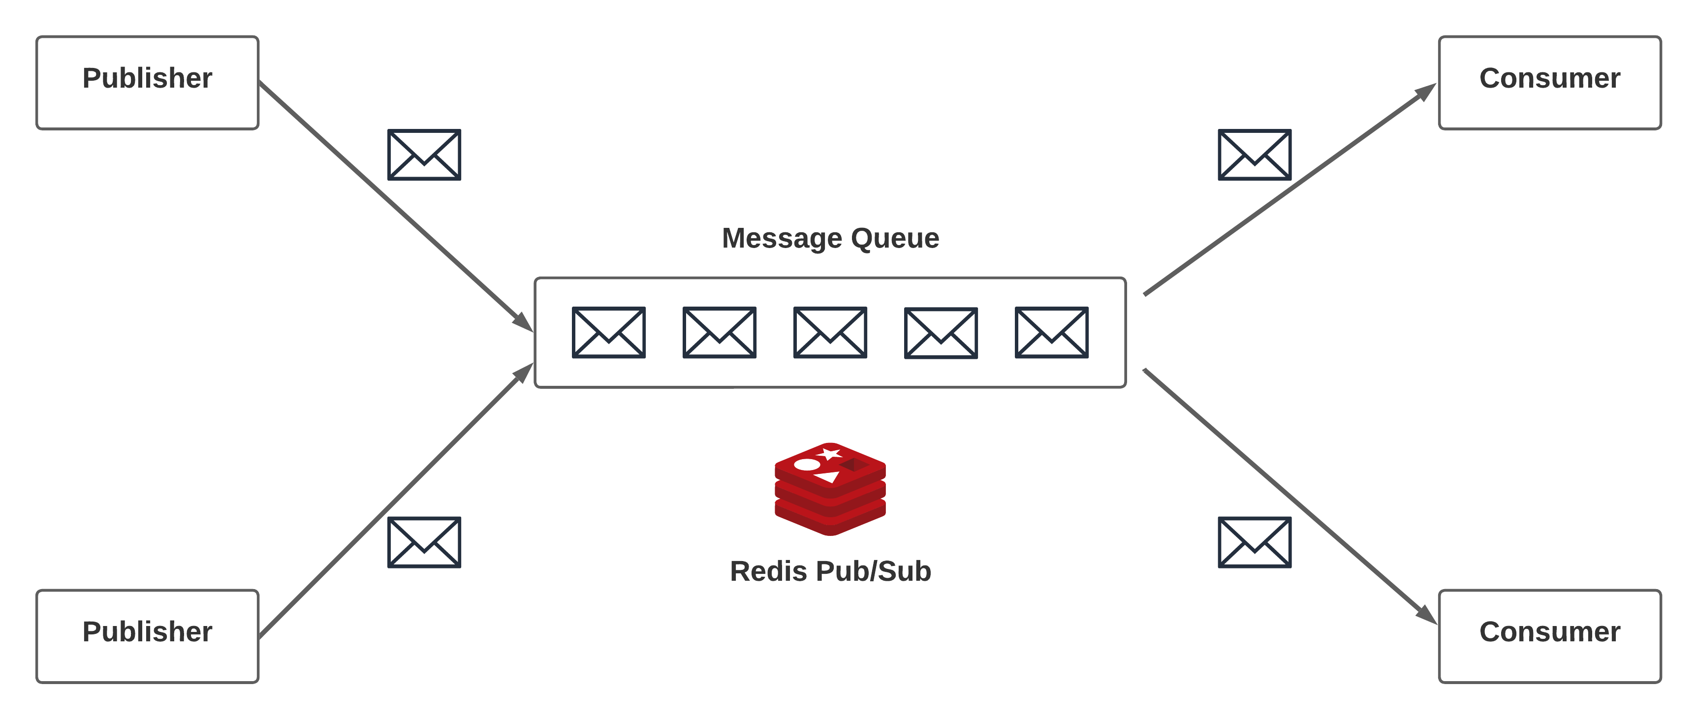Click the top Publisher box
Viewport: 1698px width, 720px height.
coord(147,82)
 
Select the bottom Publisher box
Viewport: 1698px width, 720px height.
coord(147,636)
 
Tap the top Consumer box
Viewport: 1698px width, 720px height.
coord(1550,82)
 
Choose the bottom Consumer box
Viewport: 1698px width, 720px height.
coord(1550,636)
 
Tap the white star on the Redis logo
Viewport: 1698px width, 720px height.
coord(828,454)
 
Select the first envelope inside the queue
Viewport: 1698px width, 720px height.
coord(608,332)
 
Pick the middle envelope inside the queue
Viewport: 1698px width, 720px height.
coord(830,332)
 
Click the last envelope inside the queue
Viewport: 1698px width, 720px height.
coord(1051,332)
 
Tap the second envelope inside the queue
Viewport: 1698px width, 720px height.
coord(719,332)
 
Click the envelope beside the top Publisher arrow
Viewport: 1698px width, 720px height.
coord(424,155)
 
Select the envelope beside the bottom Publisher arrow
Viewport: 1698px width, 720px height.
coord(424,542)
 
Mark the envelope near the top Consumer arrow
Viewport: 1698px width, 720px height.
coord(1255,155)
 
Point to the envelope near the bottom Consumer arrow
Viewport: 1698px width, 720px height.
coord(1255,542)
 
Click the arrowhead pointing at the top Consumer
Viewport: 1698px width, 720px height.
coord(1426,92)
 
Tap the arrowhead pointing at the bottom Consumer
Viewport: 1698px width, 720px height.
coord(1427,615)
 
